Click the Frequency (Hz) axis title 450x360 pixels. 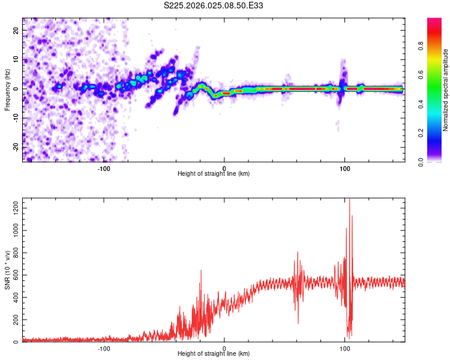point(7,89)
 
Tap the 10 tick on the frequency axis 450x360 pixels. point(17,59)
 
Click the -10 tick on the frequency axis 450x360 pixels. point(16,118)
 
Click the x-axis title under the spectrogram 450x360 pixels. point(214,174)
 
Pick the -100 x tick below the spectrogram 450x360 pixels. point(104,168)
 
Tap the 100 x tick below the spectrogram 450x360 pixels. point(344,168)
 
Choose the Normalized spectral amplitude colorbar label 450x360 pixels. point(446,90)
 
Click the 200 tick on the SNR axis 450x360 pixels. point(14,320)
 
